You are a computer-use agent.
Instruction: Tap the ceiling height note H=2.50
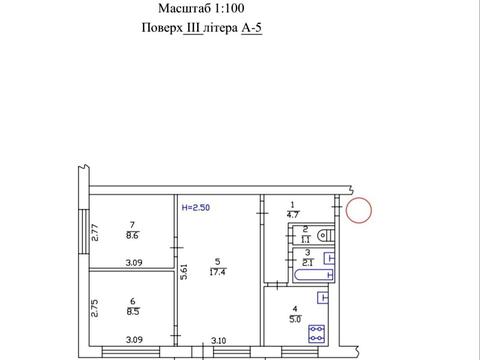coord(196,207)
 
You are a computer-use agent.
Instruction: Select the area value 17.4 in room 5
coord(217,272)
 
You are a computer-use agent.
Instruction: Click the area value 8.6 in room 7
coord(132,236)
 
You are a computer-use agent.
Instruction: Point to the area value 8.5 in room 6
coord(133,312)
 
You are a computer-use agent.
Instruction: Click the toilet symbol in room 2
coord(326,235)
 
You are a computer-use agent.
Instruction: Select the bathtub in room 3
coord(314,275)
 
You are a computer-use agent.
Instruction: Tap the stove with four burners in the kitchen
coord(316,334)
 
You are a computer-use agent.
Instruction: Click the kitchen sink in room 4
coord(323,297)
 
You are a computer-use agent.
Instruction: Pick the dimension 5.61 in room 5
coord(184,272)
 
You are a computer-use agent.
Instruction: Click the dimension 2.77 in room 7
coord(95,232)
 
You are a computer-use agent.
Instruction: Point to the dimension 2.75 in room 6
coord(95,308)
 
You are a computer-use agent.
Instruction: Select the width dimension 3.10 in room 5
coord(219,340)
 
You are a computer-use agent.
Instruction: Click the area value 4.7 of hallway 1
coord(292,214)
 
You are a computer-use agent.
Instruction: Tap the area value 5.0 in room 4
coord(295,319)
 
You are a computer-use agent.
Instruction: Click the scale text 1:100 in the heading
coord(229,8)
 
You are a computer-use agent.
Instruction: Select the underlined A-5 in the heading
coord(252,28)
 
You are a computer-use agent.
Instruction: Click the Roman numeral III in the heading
coord(193,28)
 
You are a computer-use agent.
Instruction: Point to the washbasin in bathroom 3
coord(329,258)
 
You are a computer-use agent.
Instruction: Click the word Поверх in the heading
coord(162,28)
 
